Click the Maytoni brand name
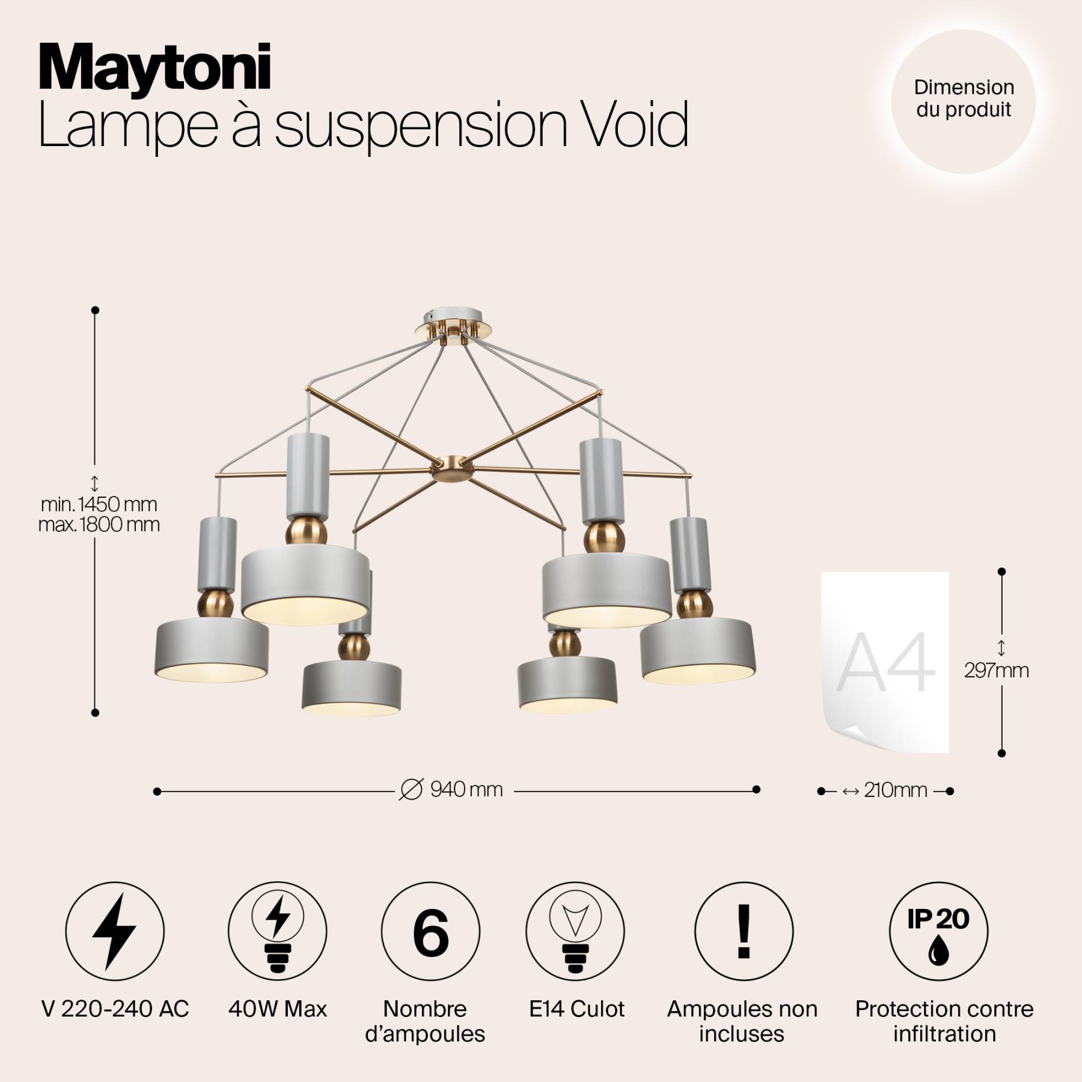154,69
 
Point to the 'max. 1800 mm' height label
99,525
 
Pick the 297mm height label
996,670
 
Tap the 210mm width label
895,790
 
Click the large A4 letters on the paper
885,663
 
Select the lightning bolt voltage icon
114,931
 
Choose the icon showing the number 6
430,931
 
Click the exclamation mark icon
744,931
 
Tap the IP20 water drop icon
938,931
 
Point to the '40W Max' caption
278,1009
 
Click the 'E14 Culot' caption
576,1009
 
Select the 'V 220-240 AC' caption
115,1009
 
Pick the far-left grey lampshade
212,650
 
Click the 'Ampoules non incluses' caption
742,1021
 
